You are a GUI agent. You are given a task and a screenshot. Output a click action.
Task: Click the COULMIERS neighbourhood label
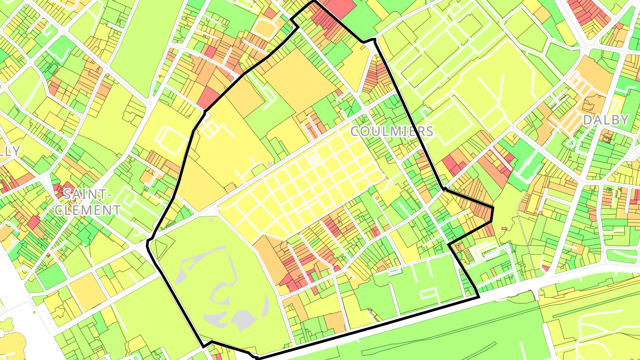(392, 131)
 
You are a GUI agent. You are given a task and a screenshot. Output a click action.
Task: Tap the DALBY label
(606, 120)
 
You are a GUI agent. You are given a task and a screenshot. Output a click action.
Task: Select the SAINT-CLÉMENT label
(88, 202)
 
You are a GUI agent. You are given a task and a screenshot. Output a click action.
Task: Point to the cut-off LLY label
(10, 151)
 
